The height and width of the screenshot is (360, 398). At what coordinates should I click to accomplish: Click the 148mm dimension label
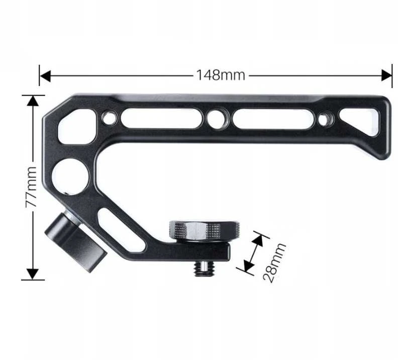pos(221,75)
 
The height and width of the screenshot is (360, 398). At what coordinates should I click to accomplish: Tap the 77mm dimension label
pos(32,187)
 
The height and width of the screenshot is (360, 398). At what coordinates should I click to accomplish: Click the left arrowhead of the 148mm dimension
pos(45,76)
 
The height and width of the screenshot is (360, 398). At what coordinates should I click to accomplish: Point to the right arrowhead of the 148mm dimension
pos(386,75)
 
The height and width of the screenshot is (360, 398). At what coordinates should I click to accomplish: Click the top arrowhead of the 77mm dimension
pos(33,101)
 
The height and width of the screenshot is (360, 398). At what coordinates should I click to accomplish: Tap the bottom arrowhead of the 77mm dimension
pos(33,275)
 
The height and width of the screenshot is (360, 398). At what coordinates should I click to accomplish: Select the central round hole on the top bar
pos(218,118)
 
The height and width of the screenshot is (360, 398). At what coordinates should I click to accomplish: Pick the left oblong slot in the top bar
pos(162,118)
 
